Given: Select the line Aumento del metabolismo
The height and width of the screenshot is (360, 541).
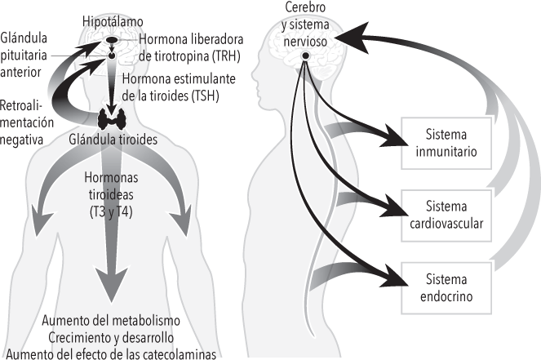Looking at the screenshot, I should click(x=112, y=319).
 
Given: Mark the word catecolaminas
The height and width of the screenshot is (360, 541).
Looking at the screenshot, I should click(x=182, y=353).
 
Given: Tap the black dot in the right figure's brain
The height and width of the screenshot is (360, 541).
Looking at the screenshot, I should click(x=306, y=55).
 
